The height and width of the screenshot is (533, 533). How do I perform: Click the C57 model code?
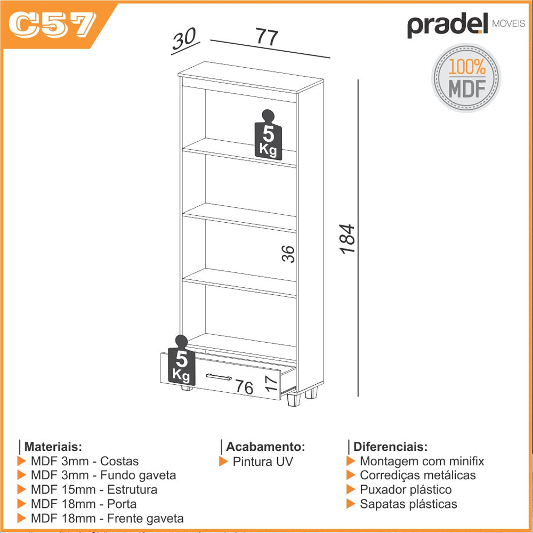point(52,25)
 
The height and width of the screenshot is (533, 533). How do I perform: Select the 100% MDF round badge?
point(466,77)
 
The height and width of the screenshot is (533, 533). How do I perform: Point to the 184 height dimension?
point(347,239)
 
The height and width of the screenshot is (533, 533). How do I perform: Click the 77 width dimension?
point(267,36)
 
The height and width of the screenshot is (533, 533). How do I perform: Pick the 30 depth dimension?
point(184,38)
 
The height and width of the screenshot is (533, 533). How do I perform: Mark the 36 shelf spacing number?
point(288,254)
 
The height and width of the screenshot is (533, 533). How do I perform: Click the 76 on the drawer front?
point(245,387)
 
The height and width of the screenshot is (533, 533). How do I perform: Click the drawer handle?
point(219,377)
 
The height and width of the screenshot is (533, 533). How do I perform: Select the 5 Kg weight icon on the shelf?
point(268,135)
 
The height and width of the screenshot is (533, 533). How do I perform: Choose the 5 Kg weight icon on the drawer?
point(182,360)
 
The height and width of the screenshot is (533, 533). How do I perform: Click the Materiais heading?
point(53,446)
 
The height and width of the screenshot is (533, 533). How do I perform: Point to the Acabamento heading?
point(265,446)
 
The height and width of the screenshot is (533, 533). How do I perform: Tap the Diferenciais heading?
point(390,446)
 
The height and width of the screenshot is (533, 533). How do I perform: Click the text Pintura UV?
point(262,461)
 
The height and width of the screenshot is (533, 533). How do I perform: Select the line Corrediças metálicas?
point(418,475)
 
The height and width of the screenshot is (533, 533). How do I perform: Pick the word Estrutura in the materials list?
point(132,489)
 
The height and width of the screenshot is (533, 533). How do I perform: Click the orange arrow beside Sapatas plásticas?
point(351,504)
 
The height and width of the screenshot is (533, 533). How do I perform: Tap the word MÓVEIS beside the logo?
point(508,23)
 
